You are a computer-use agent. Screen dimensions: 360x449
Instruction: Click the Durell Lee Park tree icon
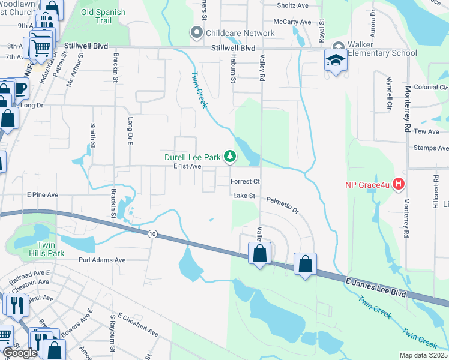click(229, 157)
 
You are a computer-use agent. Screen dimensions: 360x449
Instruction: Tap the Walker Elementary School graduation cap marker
click(335, 59)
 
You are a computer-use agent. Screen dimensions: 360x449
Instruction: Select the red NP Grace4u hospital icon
click(397, 184)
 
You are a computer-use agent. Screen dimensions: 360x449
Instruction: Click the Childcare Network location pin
click(196, 33)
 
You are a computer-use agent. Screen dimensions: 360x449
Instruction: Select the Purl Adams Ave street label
click(102, 260)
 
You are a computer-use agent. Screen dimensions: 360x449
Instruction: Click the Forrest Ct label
click(245, 181)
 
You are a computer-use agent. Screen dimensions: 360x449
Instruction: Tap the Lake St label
click(244, 196)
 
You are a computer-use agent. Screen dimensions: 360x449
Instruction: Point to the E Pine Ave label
click(42, 195)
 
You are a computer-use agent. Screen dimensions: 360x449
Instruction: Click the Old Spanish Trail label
click(103, 16)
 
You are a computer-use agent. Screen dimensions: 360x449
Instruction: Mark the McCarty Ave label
click(292, 22)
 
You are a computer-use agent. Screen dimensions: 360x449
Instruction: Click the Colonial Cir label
click(430, 87)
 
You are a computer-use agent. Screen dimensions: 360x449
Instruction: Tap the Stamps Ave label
click(431, 148)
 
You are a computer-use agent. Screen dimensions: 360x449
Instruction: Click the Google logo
click(20, 353)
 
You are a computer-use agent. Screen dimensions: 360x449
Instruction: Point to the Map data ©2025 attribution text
click(423, 355)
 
